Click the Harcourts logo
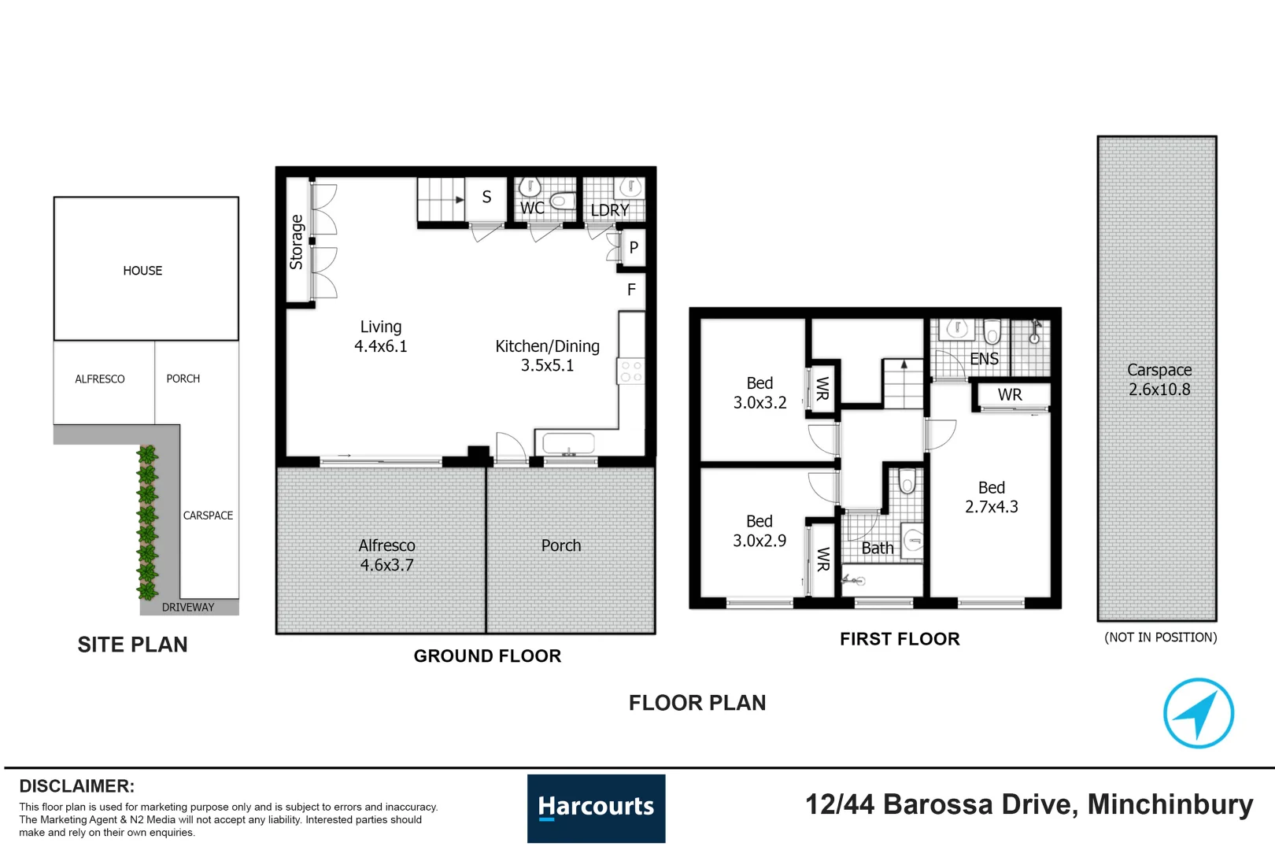(x=596, y=807)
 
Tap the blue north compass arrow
(x=1198, y=713)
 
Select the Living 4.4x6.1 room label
(x=381, y=336)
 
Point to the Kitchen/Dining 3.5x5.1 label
(x=547, y=355)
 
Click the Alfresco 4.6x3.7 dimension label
(x=386, y=555)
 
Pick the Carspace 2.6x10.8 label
(x=1159, y=379)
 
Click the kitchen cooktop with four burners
(x=630, y=371)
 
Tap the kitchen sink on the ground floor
(x=568, y=444)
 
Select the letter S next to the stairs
(x=486, y=197)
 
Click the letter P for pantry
(x=634, y=248)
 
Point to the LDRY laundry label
(x=610, y=210)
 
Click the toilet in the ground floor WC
(x=563, y=201)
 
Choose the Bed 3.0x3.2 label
(x=759, y=392)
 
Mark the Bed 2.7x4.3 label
(x=992, y=497)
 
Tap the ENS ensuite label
(x=984, y=359)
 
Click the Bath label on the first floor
(x=877, y=548)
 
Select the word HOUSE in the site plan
(x=142, y=271)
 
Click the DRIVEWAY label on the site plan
(x=188, y=607)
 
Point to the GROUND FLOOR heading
(x=487, y=656)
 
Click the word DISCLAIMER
(x=77, y=786)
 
